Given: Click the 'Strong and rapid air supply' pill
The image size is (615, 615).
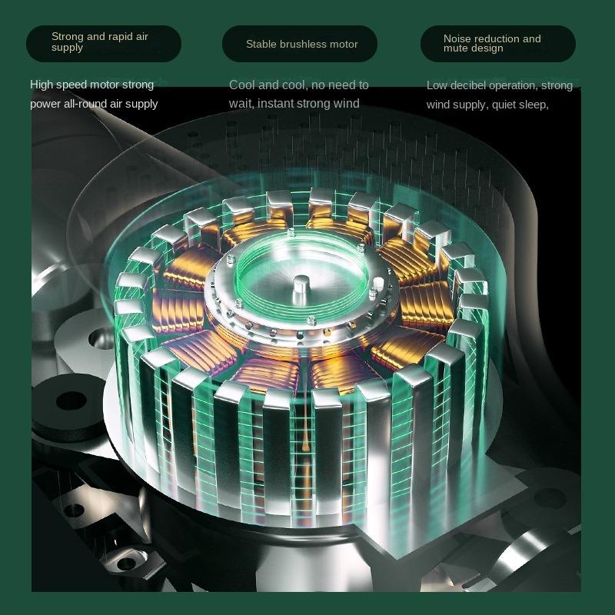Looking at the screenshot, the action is point(104,44).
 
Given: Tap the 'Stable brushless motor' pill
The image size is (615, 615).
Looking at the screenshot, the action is point(300,44).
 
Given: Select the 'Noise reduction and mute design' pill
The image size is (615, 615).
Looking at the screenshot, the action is point(498,44).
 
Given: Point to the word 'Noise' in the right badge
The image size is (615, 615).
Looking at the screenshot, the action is point(456,38).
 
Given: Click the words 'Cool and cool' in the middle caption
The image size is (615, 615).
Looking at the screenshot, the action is point(268,85).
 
